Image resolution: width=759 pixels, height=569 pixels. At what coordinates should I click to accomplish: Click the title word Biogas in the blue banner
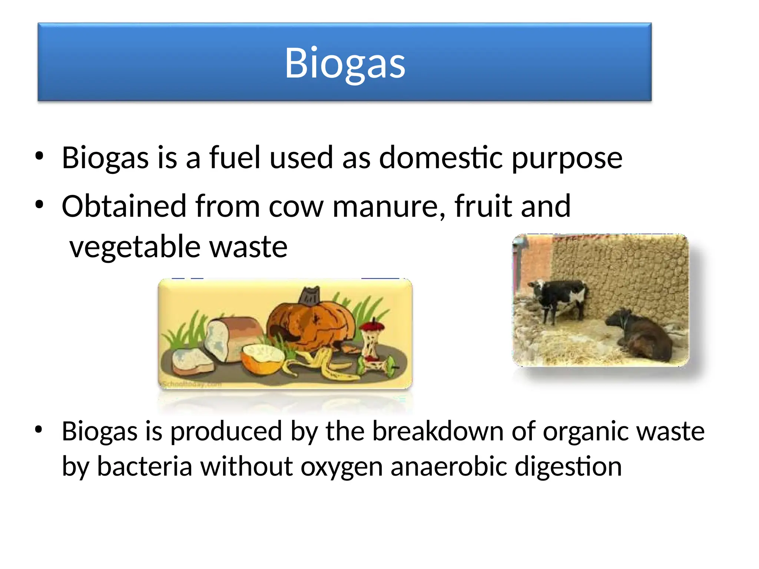(x=345, y=63)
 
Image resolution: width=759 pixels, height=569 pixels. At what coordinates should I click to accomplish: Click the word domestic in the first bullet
(x=441, y=157)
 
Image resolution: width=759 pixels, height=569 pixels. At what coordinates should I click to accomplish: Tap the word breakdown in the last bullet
(x=437, y=431)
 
